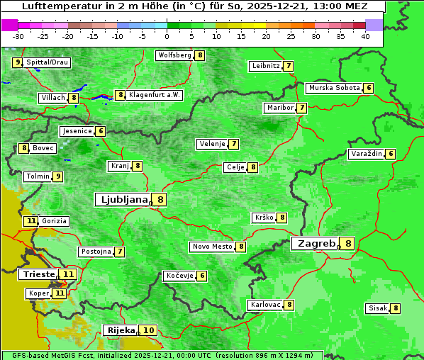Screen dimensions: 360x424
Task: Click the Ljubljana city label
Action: pyautogui.click(x=123, y=200)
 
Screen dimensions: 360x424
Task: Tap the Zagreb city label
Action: pyautogui.click(x=316, y=243)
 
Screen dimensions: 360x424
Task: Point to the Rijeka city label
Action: pyautogui.click(x=121, y=330)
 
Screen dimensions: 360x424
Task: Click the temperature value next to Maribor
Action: pyautogui.click(x=302, y=108)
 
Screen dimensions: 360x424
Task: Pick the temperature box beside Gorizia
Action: pyautogui.click(x=30, y=221)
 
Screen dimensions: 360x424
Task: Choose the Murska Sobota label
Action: pyautogui.click(x=333, y=88)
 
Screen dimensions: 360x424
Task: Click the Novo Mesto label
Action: pyautogui.click(x=212, y=247)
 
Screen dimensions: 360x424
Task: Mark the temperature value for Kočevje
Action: pyautogui.click(x=202, y=276)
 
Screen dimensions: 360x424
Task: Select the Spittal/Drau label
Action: pyautogui.click(x=48, y=62)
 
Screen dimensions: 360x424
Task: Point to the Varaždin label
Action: pyautogui.click(x=366, y=154)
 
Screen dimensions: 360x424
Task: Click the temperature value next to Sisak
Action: pyautogui.click(x=396, y=308)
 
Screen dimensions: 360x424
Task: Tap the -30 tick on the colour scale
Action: pyautogui.click(x=18, y=36)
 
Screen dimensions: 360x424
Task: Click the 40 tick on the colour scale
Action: pyautogui.click(x=365, y=36)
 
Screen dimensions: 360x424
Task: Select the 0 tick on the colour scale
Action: pyautogui.click(x=167, y=36)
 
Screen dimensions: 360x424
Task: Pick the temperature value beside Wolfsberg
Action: pyautogui.click(x=201, y=55)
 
